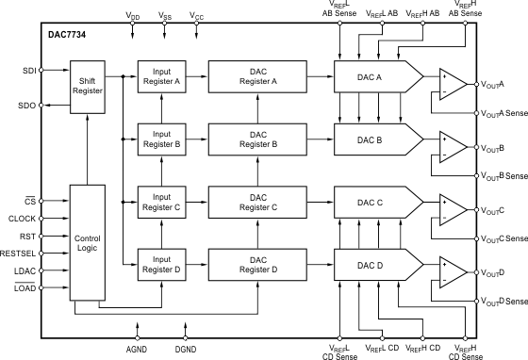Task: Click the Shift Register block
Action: click(x=88, y=87)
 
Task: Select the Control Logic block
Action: click(x=88, y=242)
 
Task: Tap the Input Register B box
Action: click(x=161, y=139)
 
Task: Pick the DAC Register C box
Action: click(x=257, y=203)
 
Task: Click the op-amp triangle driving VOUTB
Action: click(x=454, y=147)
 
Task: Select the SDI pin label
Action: click(x=29, y=71)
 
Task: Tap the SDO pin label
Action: click(x=27, y=106)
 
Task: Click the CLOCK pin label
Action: click(x=22, y=219)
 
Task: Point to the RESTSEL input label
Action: click(x=18, y=254)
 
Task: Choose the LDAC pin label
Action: click(x=25, y=271)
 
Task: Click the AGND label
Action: click(x=137, y=350)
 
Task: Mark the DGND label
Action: click(x=186, y=350)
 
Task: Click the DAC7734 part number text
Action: click(x=67, y=35)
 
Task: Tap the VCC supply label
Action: click(x=197, y=16)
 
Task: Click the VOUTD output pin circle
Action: click(x=476, y=272)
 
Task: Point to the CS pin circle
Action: click(x=41, y=201)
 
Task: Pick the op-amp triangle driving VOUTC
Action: click(x=454, y=209)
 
